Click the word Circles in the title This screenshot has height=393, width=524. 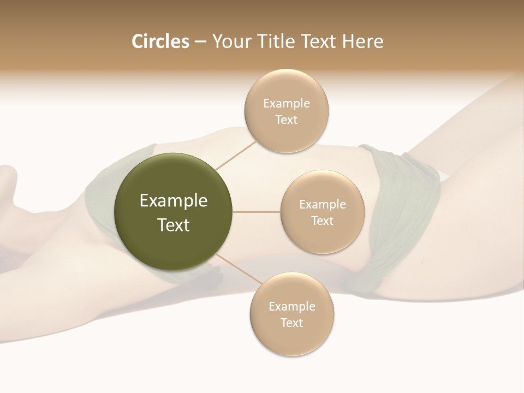click(160, 41)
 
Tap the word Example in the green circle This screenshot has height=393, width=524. click(173, 201)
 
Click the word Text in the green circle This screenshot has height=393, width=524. click(173, 225)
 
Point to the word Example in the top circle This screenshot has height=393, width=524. click(286, 104)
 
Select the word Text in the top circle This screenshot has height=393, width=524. click(286, 120)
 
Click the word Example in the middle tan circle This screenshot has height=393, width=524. click(322, 205)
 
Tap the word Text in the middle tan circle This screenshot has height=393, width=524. click(322, 221)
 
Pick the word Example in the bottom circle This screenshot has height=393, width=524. click(291, 307)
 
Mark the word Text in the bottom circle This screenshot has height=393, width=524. click(291, 323)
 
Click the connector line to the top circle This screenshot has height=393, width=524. click(235, 156)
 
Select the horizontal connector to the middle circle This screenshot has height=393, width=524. click(257, 212)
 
